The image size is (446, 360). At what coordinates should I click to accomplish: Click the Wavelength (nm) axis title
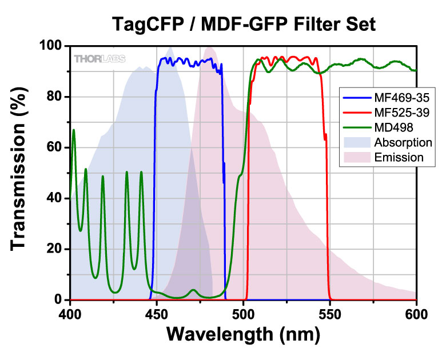pos(242,335)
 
